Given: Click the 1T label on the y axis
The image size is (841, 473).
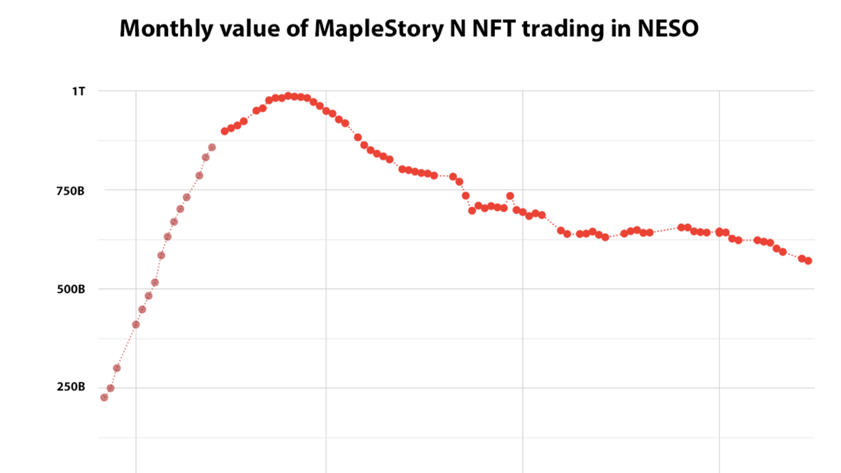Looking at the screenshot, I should (78, 92).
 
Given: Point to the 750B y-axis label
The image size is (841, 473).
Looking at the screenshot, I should (70, 191).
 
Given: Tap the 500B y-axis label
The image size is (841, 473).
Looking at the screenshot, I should (71, 289).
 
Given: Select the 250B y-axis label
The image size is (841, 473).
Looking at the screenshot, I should (71, 387).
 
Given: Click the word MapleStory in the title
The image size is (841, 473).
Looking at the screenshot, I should (379, 29).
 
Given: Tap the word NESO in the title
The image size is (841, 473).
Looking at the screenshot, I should (668, 29).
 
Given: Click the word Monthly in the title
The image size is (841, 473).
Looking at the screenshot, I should (166, 29).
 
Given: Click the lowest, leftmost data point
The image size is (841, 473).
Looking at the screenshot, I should (104, 397).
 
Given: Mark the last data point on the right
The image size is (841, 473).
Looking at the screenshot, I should (808, 261).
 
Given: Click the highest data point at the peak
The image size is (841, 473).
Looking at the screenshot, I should (288, 96).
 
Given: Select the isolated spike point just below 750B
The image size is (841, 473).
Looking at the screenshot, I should (510, 196).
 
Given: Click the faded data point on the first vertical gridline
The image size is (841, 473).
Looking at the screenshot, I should (136, 325).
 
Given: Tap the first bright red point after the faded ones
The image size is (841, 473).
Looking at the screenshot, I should (225, 131).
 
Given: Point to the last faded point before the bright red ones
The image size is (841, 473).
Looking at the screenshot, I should (212, 147).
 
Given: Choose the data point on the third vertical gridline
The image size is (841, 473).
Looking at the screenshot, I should (523, 212).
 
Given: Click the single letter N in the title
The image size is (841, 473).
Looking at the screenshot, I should (458, 29).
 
